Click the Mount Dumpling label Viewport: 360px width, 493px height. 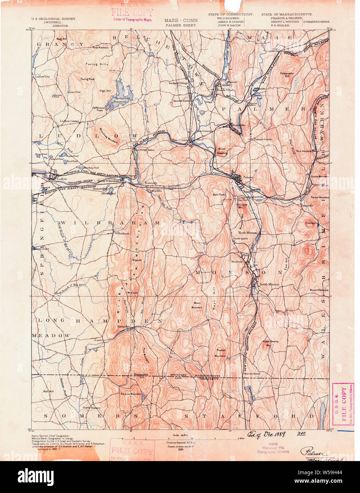point(222,151)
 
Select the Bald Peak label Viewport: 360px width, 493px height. point(219,194)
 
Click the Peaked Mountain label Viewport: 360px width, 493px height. point(221,353)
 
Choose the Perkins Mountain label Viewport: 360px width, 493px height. point(131,394)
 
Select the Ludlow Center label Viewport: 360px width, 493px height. point(70,121)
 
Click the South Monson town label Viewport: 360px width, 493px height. point(269,284)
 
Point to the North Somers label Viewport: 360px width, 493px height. point(92,408)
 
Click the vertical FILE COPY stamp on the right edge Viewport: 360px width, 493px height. point(343,404)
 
